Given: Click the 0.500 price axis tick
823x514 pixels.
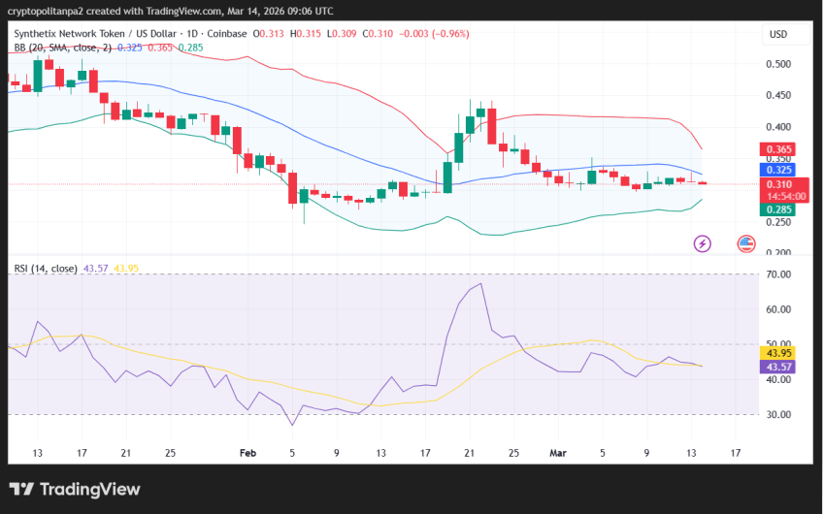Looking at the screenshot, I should point(779,64).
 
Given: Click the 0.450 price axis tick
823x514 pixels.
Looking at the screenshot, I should point(779,95).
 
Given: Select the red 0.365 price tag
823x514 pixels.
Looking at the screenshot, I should point(779,150).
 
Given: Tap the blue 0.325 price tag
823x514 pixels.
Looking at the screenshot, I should point(779,167).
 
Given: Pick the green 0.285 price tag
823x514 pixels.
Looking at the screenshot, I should point(779,209).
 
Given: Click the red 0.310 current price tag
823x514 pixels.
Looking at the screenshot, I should point(779,184).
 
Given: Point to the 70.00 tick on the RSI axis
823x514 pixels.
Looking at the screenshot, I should point(779,274).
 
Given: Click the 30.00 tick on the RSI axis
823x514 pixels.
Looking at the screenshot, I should point(779,414).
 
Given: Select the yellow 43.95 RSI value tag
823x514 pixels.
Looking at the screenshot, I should point(779,352).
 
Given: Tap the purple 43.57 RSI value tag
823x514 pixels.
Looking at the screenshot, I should point(779,367).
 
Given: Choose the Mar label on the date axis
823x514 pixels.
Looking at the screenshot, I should point(557,452).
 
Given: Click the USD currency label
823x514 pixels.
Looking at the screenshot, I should point(778,34).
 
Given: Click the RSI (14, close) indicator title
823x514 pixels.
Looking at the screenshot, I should point(46,268).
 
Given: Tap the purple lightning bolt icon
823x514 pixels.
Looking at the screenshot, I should point(702,243).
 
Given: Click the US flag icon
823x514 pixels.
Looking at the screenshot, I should point(746,243).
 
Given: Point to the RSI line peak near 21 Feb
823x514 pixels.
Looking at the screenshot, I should point(479,285).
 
